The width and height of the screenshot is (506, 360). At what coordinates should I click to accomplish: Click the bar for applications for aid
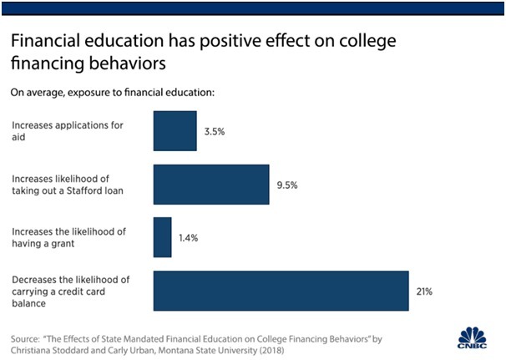coord(175,131)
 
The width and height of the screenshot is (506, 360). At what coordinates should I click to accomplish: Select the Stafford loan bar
coord(210,185)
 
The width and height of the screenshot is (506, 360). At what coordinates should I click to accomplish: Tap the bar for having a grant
coord(162,238)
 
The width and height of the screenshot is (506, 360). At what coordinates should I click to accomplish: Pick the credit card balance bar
coord(281,292)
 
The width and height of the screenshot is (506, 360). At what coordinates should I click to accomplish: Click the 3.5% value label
coord(214,132)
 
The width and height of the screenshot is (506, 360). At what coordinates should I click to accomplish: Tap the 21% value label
coord(424,292)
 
